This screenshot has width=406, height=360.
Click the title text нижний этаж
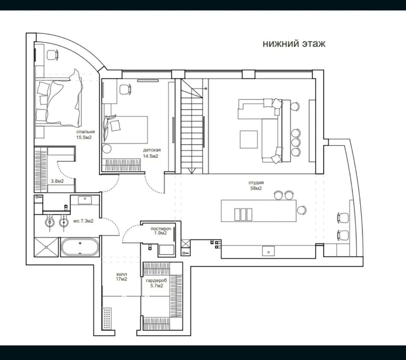294,43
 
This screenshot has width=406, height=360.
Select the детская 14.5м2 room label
151,153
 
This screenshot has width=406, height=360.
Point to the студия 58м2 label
256,185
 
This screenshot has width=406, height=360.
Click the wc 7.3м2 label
83,221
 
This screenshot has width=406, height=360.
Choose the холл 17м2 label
122,276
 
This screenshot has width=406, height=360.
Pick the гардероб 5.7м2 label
156,283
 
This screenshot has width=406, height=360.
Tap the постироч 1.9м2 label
161,231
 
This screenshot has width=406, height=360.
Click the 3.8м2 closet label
57,181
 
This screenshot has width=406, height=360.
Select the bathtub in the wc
80,247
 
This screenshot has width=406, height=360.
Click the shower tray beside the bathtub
46,247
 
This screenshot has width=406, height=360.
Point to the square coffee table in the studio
249,139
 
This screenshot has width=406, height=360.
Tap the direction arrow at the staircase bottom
192,170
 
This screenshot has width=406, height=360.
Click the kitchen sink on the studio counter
268,251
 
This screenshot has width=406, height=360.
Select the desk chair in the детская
125,89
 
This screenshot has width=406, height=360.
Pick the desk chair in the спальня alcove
52,55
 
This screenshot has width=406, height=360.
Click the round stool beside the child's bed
107,149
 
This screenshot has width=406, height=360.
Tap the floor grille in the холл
107,318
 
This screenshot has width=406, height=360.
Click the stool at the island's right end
302,210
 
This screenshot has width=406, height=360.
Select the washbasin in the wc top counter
85,200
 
